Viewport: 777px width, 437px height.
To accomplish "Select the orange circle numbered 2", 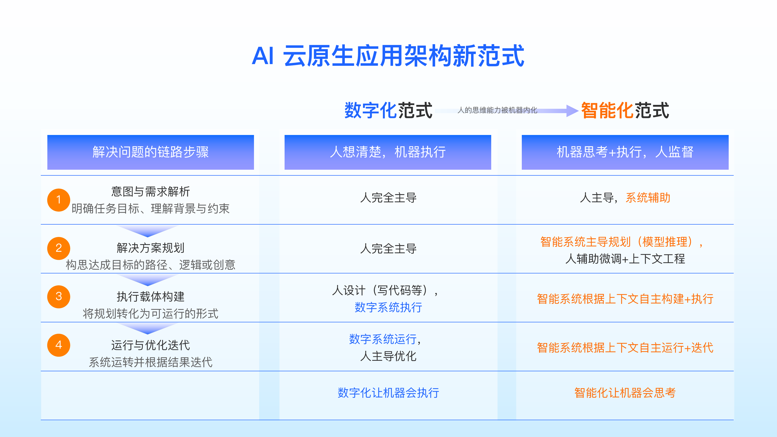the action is pyautogui.click(x=59, y=248).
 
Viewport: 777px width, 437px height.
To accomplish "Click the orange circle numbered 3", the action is pyautogui.click(x=59, y=297).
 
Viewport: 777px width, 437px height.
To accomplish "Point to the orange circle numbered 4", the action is pyautogui.click(x=59, y=345).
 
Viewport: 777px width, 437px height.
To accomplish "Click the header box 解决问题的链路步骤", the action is pyautogui.click(x=151, y=152).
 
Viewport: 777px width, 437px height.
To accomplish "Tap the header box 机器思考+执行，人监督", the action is pyautogui.click(x=625, y=152).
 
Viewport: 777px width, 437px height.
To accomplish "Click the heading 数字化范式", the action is pyautogui.click(x=388, y=110).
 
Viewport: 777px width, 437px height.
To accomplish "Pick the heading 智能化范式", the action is pyautogui.click(x=625, y=110).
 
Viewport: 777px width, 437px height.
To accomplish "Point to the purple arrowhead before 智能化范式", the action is pyautogui.click(x=572, y=111).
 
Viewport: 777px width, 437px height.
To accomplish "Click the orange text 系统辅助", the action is pyautogui.click(x=648, y=198).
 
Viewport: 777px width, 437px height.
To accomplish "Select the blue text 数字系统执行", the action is pyautogui.click(x=388, y=307).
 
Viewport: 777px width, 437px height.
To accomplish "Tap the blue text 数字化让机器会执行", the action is pyautogui.click(x=388, y=393).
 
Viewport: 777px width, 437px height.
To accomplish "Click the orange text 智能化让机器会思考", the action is pyautogui.click(x=625, y=393).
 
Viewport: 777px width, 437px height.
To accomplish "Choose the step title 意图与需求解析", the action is pyautogui.click(x=151, y=192).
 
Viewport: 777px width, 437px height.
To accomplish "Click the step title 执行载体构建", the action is pyautogui.click(x=151, y=297).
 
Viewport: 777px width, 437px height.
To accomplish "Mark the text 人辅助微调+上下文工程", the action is pyautogui.click(x=625, y=259).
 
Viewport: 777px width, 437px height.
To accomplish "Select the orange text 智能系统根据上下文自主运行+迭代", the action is pyautogui.click(x=625, y=348).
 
